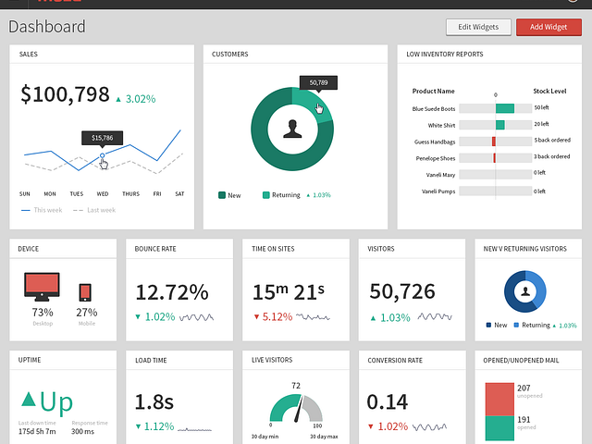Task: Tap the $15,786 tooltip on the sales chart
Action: click(x=102, y=138)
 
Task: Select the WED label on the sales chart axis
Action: click(x=102, y=194)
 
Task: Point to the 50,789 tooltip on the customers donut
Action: click(x=318, y=82)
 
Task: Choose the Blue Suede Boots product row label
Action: click(x=433, y=109)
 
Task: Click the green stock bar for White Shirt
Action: click(x=500, y=125)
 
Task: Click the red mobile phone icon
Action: click(x=86, y=292)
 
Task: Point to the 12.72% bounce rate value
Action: click(x=171, y=292)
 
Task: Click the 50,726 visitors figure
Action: click(x=402, y=292)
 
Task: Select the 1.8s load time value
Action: click(x=155, y=401)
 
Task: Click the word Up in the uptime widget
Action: click(x=56, y=401)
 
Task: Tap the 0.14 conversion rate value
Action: click(x=388, y=401)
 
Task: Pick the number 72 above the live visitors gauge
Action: click(x=296, y=386)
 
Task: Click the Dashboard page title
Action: click(x=47, y=27)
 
